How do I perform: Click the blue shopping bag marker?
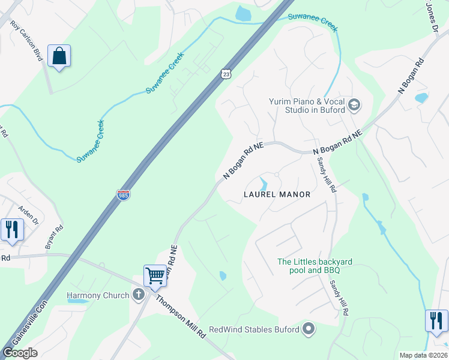point(59,56)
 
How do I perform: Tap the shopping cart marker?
point(155,277)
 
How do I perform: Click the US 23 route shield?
point(225,73)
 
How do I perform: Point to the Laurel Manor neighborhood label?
point(277,194)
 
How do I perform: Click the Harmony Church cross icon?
point(139,295)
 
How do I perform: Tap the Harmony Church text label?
point(98,295)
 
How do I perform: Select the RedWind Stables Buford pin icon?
point(309,329)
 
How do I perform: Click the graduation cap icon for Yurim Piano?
point(354,105)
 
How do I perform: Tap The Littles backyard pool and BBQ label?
point(315,266)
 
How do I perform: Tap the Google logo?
point(20,353)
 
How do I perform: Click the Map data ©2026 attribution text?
point(423,355)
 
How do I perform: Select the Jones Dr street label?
point(432,17)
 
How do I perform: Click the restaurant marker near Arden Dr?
point(11,230)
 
